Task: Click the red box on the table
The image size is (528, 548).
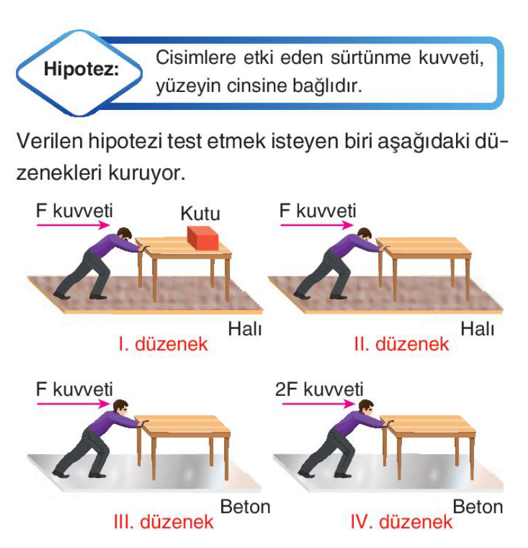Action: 203,238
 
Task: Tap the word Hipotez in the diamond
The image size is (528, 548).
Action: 81,69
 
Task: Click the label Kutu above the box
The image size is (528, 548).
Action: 200,213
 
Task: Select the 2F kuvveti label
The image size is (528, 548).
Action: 319,389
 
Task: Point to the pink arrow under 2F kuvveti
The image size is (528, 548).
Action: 319,404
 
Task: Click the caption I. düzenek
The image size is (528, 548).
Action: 163,344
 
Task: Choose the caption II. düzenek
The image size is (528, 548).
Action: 401,344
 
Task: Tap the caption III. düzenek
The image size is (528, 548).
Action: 163,522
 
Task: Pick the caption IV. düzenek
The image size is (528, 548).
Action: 401,522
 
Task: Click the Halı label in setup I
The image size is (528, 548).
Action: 245,329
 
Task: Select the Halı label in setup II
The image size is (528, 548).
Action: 477,329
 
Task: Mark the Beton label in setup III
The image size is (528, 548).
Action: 245,507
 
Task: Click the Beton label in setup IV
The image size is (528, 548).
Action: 478,507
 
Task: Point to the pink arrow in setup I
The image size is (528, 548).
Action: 73,225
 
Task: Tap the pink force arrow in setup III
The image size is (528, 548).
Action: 73,404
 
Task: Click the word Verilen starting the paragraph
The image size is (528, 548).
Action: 49,141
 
